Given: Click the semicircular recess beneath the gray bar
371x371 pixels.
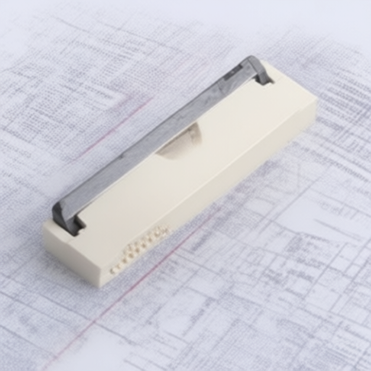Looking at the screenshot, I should (181, 140).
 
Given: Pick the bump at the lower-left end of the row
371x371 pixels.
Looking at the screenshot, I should (114, 270).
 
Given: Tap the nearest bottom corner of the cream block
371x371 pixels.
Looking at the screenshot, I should (99, 285).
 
